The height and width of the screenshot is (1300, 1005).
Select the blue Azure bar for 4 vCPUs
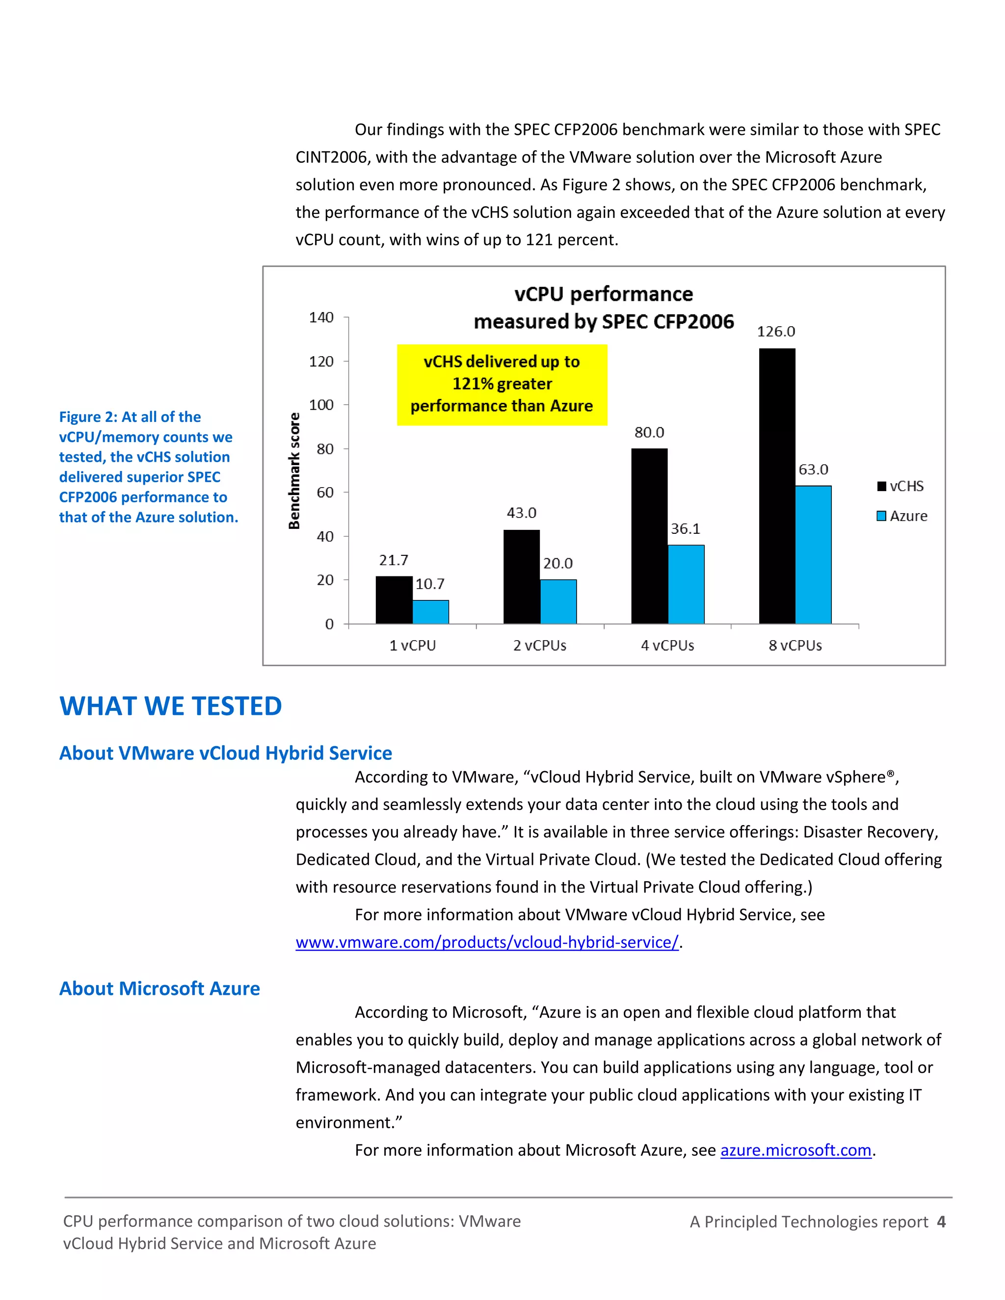[686, 585]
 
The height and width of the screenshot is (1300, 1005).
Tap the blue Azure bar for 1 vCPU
[430, 612]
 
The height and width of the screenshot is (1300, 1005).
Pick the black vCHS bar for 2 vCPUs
[522, 577]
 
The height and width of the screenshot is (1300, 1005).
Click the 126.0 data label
[776, 332]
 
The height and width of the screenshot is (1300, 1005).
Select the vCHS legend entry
[900, 486]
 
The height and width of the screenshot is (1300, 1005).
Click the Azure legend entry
[902, 516]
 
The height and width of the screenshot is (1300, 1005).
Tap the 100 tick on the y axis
[321, 405]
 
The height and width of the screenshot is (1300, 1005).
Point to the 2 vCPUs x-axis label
[539, 645]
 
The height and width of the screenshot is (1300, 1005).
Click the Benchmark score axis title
[294, 470]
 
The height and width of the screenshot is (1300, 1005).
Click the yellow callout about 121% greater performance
[502, 384]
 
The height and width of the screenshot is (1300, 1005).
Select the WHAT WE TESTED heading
[170, 706]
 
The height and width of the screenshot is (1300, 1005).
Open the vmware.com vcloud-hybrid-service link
[486, 942]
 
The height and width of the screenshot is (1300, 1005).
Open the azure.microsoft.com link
[795, 1150]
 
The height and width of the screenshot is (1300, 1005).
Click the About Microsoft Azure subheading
[159, 988]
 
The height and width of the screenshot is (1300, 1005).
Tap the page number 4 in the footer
[941, 1222]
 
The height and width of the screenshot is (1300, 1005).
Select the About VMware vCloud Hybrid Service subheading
[225, 753]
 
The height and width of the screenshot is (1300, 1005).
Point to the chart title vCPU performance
[603, 294]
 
